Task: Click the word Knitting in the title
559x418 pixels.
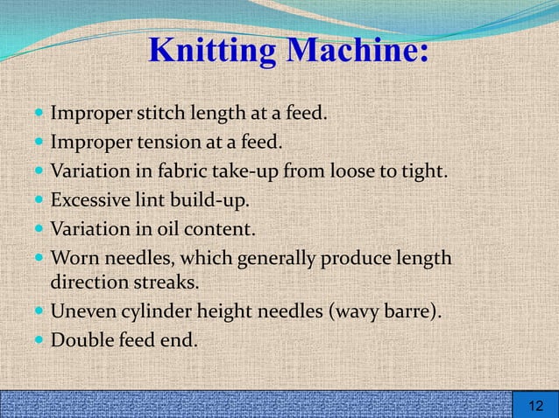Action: tap(211, 51)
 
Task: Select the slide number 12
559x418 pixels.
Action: tap(534, 405)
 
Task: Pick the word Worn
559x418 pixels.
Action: tap(73, 259)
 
